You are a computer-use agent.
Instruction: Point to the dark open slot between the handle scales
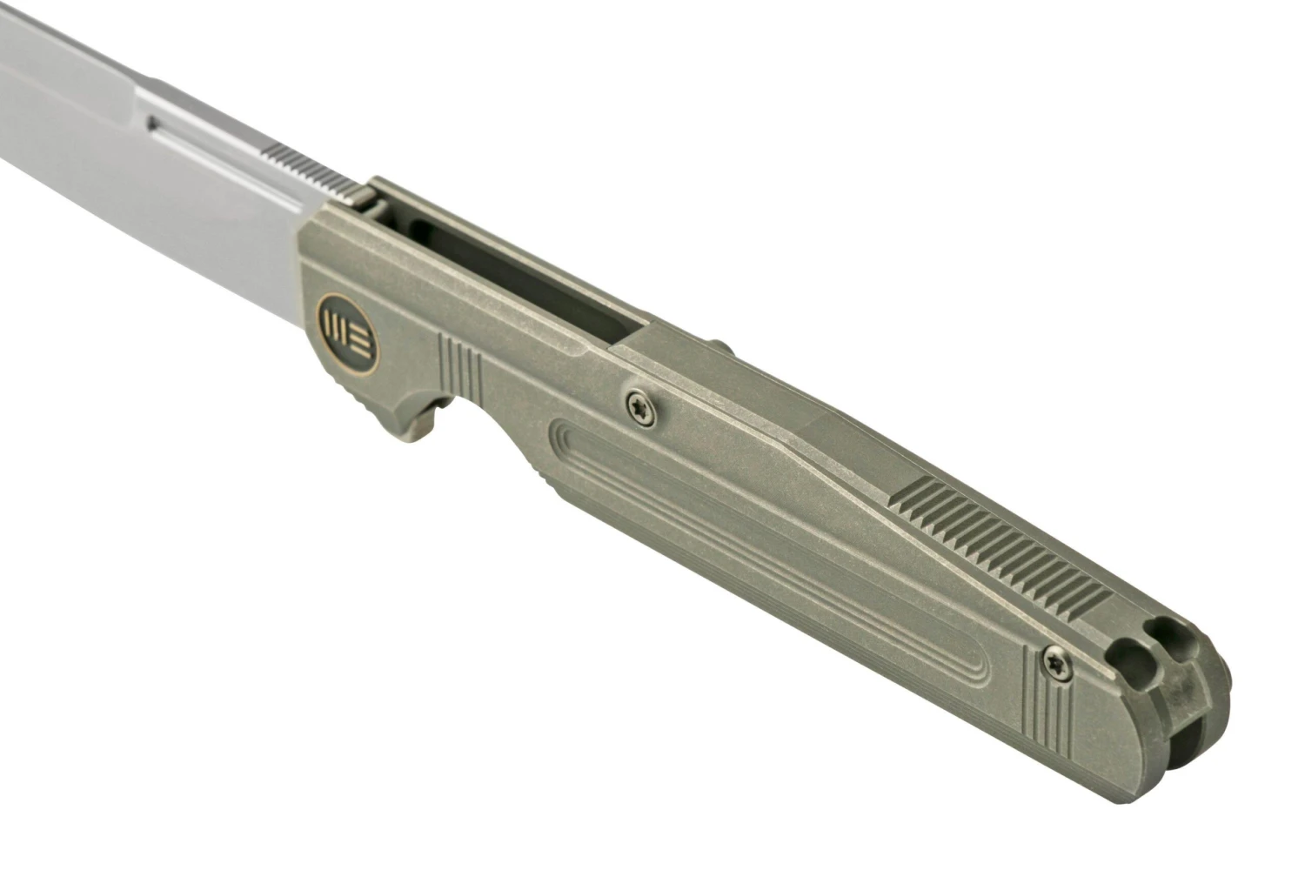(522, 270)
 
